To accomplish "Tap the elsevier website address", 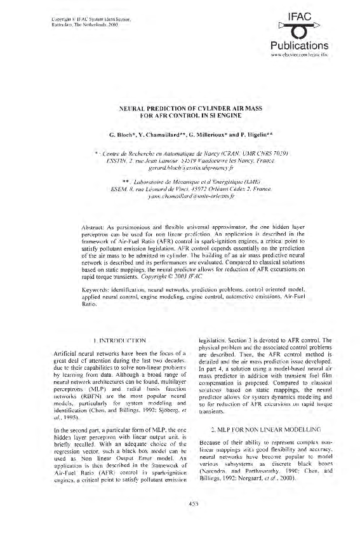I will [x=307, y=56].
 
